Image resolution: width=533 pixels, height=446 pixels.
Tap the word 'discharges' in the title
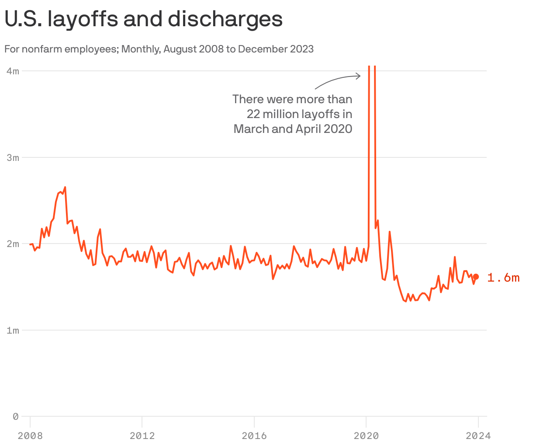pyautogui.click(x=226, y=19)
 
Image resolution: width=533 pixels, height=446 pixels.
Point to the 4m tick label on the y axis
pyautogui.click(x=13, y=71)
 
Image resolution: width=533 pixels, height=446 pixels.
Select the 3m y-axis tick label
pyautogui.click(x=13, y=157)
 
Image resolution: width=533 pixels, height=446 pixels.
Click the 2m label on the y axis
pyautogui.click(x=13, y=244)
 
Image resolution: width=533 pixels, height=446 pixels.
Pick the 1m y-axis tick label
pyautogui.click(x=13, y=330)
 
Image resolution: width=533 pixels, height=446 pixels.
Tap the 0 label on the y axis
pyautogui.click(x=16, y=416)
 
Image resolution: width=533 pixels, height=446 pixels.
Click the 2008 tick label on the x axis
pyautogui.click(x=30, y=436)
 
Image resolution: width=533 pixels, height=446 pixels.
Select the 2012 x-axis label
pyautogui.click(x=142, y=436)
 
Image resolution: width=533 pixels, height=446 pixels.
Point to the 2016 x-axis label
pyautogui.click(x=254, y=436)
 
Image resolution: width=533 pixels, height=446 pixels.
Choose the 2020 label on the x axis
pyautogui.click(x=366, y=436)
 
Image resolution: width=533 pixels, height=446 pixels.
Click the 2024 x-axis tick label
pyautogui.click(x=478, y=436)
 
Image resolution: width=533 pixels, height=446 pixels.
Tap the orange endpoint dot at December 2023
pyautogui.click(x=476, y=277)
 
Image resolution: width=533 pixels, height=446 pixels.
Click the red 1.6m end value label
pyautogui.click(x=503, y=278)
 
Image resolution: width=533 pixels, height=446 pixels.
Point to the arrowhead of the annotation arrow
pyautogui.click(x=359, y=76)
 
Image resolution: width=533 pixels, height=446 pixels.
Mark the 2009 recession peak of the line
pyautogui.click(x=65, y=187)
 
